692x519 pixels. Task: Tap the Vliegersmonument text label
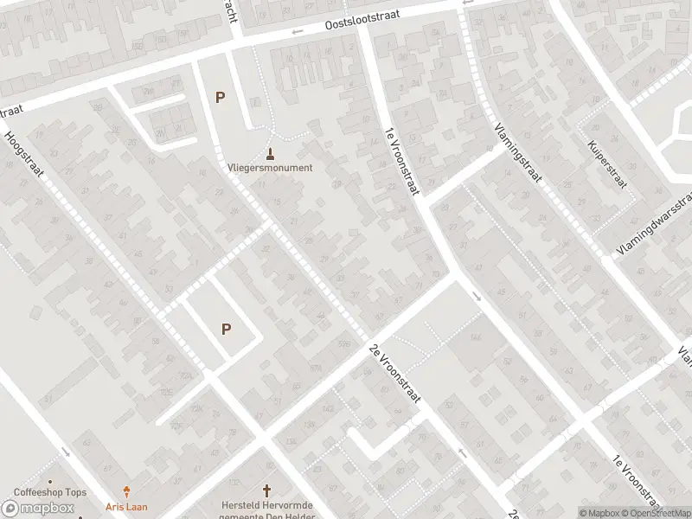(x=270, y=168)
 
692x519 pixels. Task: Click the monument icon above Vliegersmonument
(x=271, y=154)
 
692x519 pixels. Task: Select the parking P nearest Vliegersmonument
(x=220, y=98)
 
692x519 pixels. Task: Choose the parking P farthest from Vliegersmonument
(x=227, y=329)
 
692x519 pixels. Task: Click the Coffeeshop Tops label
(x=51, y=492)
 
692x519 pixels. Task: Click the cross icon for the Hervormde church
(x=266, y=490)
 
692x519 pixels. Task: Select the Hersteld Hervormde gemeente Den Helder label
(x=266, y=509)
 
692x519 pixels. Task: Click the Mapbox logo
(x=38, y=508)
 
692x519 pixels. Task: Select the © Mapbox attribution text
(x=599, y=513)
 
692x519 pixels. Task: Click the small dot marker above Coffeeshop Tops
(x=50, y=482)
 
